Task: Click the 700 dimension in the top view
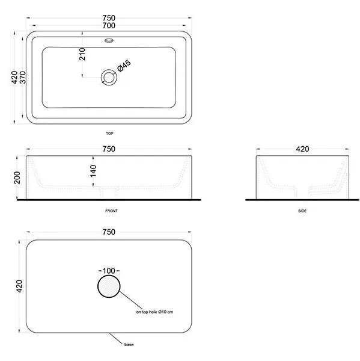coord(109,25)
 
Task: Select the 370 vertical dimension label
coord(23,78)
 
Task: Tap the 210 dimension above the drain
coord(82,54)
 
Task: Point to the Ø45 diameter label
coord(124,66)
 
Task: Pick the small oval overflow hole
coord(109,40)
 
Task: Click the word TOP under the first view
coord(109,134)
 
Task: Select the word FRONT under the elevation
coord(111,211)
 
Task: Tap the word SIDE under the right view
coord(302,211)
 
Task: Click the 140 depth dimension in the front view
coord(93,171)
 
